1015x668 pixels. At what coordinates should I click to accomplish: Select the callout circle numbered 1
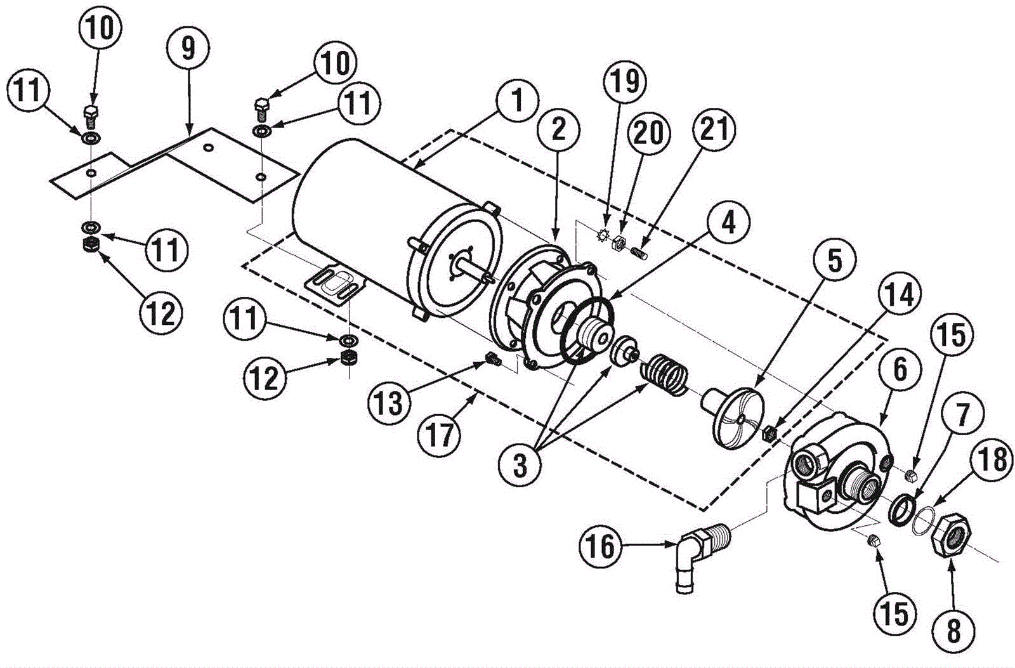click(517, 101)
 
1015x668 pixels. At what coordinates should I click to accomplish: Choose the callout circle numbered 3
click(520, 466)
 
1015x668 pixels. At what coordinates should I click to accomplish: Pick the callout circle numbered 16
click(601, 546)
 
